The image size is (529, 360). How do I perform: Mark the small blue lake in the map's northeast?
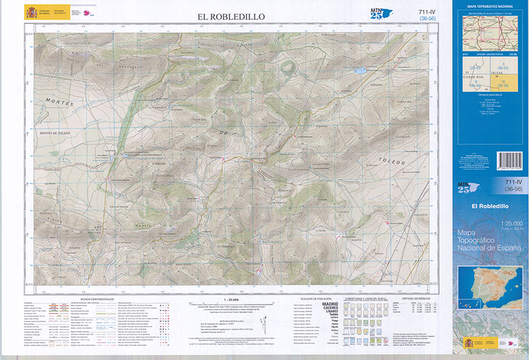pos(359,69)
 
